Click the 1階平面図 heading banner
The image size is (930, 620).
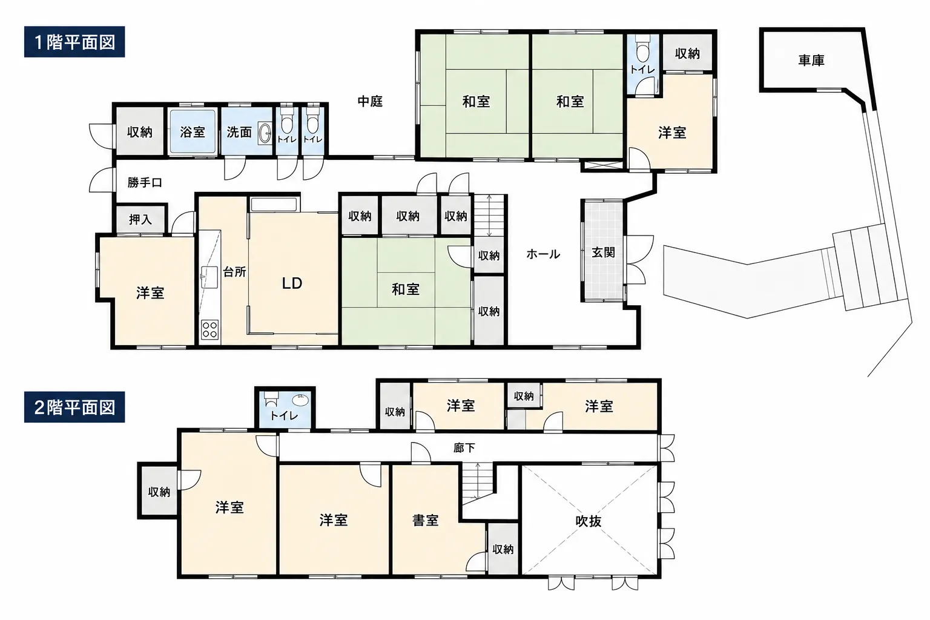[x=74, y=42]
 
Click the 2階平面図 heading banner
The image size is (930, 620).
[x=74, y=407]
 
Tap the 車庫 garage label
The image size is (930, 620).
[x=811, y=61]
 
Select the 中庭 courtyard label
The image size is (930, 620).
[x=370, y=101]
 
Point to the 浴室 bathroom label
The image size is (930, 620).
[x=193, y=132]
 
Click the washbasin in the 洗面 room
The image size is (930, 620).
[x=265, y=133]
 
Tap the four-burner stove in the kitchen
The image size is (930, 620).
[x=209, y=330]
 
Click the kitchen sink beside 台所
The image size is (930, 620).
[x=209, y=277]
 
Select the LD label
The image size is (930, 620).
[x=292, y=283]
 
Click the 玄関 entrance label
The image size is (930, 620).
[x=603, y=252]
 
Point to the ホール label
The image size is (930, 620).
[x=543, y=254]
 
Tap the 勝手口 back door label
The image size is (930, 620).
[x=145, y=182]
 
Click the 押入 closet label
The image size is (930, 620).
[x=140, y=219]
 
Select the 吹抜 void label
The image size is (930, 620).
[x=589, y=521]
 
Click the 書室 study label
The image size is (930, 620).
[x=426, y=520]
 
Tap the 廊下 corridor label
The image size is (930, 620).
[x=464, y=447]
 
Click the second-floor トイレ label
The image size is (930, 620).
[x=284, y=415]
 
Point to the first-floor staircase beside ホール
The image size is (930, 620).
[x=489, y=216]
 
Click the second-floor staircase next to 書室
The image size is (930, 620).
[x=478, y=484]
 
